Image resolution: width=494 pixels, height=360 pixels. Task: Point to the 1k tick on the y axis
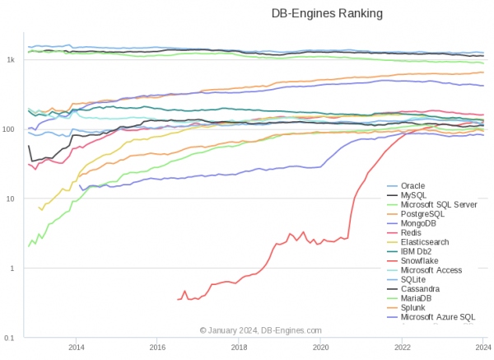(11, 60)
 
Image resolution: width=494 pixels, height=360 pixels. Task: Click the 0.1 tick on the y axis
(10, 338)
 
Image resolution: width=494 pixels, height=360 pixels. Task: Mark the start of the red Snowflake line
(178, 299)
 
